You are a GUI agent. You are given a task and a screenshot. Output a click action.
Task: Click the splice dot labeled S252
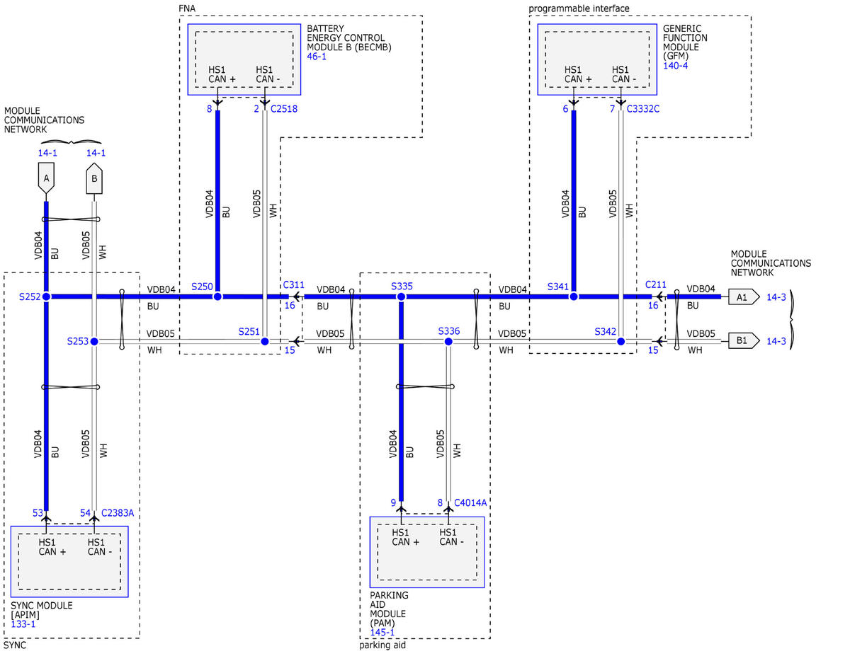tap(46, 297)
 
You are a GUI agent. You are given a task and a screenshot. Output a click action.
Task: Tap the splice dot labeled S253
tap(94, 342)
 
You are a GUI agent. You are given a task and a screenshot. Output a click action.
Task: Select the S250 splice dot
tap(217, 297)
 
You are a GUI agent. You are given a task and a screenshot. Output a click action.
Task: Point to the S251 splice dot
tap(265, 342)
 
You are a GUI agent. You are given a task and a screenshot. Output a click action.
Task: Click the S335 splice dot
tap(401, 297)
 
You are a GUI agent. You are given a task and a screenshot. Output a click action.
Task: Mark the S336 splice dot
tap(448, 342)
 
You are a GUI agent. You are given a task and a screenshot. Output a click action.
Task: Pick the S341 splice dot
tap(574, 297)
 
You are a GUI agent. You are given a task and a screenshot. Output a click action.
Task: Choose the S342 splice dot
tap(620, 342)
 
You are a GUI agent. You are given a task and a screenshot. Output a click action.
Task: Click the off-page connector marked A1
tap(744, 297)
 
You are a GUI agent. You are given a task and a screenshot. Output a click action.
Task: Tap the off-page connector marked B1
tap(744, 340)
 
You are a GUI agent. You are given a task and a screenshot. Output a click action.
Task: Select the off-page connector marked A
tap(46, 178)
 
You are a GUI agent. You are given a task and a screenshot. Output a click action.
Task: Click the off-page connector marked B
tap(94, 178)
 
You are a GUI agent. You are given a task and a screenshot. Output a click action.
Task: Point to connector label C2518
tap(284, 108)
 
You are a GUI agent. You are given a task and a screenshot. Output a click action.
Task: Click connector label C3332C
tap(642, 108)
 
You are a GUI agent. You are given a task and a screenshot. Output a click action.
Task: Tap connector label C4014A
tap(470, 503)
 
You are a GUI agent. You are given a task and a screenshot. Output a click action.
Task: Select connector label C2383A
tap(118, 512)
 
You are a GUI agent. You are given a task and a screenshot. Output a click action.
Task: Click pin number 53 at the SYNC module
tap(38, 512)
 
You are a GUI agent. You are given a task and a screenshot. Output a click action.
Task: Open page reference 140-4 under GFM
tap(675, 66)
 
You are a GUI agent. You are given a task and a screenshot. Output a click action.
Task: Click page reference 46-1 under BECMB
tap(317, 57)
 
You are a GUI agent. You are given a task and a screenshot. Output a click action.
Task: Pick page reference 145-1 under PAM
tap(382, 632)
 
